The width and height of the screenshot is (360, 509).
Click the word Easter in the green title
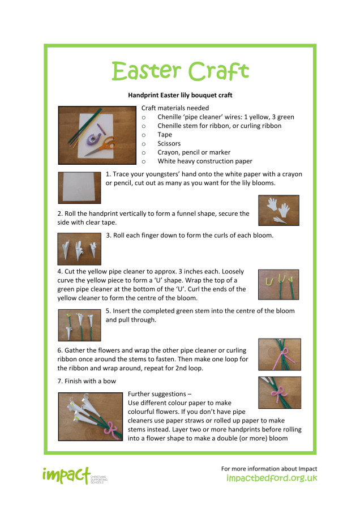(146, 71)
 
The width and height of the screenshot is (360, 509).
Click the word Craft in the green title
(219, 71)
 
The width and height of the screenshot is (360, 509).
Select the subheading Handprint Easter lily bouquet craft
(180, 95)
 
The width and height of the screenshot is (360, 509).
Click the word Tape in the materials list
(165, 135)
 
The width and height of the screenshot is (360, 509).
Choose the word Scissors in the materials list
(169, 143)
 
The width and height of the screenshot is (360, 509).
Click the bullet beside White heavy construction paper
(143, 161)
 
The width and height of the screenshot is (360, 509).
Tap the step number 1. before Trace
(108, 174)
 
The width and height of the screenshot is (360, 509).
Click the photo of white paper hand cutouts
(278, 211)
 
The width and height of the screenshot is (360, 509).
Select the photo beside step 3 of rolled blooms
(79, 249)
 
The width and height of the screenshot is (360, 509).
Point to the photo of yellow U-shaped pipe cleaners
(278, 284)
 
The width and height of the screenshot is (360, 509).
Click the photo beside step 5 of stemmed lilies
(80, 325)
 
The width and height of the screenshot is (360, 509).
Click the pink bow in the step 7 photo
(278, 395)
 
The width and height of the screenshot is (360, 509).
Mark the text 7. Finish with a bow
(87, 381)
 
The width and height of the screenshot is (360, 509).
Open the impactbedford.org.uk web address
(272, 478)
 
